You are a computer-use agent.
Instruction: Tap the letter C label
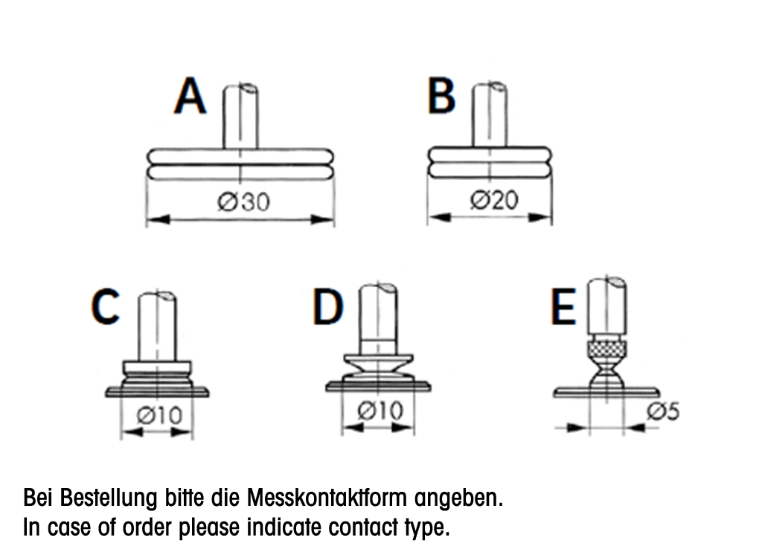pos(106,307)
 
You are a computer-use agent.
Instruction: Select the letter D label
pos(328,307)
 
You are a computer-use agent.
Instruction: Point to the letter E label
pos(563,307)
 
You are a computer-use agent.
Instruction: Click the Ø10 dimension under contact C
pos(159,416)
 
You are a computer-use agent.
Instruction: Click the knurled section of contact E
pos(607,348)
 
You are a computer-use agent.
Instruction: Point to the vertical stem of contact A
pos(242,119)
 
